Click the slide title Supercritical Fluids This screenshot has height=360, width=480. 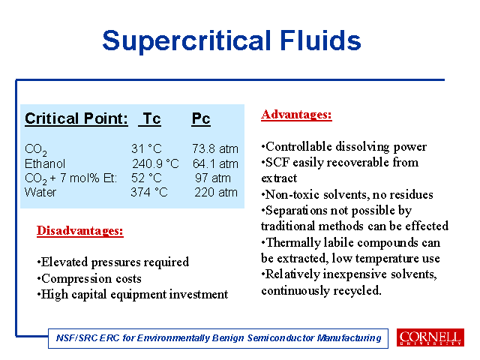[x=232, y=40]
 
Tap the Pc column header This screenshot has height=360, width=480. [x=201, y=118]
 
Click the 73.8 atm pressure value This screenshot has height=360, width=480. [x=215, y=148]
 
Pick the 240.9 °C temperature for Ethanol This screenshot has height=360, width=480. [x=155, y=163]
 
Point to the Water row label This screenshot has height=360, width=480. [x=40, y=192]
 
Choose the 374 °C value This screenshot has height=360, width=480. [x=149, y=192]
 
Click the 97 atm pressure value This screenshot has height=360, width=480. [x=213, y=178]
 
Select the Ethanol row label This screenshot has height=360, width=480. [x=45, y=163]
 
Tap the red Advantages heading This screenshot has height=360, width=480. [x=296, y=115]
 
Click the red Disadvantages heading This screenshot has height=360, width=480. [x=80, y=230]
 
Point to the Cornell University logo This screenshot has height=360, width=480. [x=430, y=337]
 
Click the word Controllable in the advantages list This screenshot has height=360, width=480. [x=298, y=147]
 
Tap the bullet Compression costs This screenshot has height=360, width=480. [x=89, y=278]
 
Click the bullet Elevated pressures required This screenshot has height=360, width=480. [x=113, y=262]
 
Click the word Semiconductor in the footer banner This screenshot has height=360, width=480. [x=280, y=338]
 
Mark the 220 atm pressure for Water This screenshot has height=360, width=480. [x=216, y=192]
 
